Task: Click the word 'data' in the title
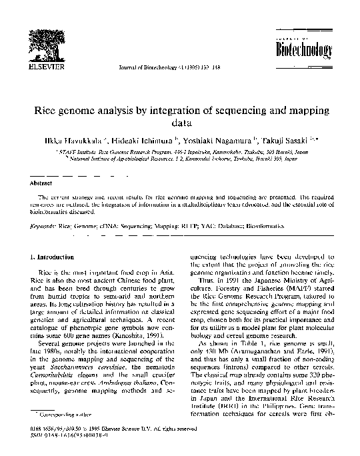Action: point(181,123)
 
